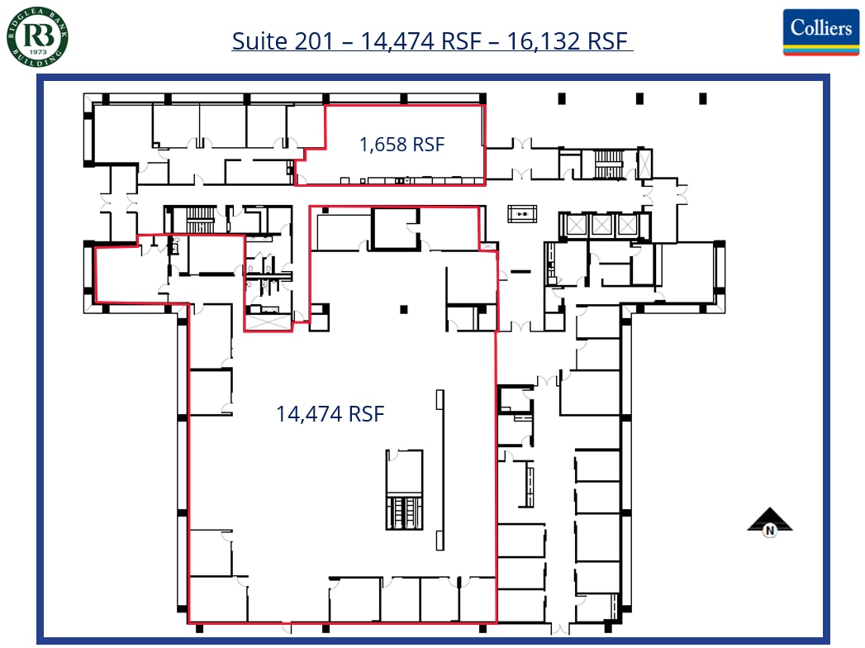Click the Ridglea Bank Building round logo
click(x=37, y=36)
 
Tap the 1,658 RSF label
click(x=402, y=145)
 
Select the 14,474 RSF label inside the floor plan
click(x=330, y=413)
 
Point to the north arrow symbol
click(x=769, y=521)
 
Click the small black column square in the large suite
click(x=404, y=310)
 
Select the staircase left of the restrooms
click(x=200, y=221)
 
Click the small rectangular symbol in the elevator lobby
click(x=521, y=213)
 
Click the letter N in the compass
click(x=770, y=531)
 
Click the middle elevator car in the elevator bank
click(x=601, y=224)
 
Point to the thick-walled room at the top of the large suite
click(x=394, y=229)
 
